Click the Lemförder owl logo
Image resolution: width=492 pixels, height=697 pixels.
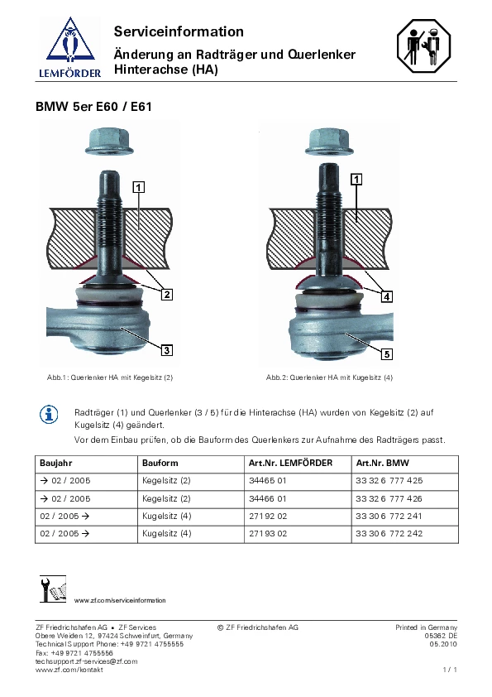pos(70,47)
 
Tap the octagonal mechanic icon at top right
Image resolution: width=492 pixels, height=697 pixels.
pos(423,46)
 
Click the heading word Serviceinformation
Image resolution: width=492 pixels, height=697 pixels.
pos(179,31)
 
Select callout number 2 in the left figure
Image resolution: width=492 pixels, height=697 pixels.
pos(167,294)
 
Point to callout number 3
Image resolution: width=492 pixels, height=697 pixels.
pos(167,350)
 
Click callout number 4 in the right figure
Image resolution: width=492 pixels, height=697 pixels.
pos(387,296)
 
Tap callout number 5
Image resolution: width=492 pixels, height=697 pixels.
pos(387,353)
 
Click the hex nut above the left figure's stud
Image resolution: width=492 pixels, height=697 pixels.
pos(109,142)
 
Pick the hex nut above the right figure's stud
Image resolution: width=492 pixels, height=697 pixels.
pos(329,142)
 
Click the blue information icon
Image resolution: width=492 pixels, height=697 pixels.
pos(49,415)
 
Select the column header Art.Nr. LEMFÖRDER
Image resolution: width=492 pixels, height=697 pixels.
pos(290,463)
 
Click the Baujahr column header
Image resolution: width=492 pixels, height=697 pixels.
pos(56,464)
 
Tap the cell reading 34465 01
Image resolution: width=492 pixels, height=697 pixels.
pos(268,480)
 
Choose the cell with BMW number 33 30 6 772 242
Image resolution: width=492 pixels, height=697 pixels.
pos(389,533)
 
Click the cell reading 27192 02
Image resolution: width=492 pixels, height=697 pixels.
pos(268,516)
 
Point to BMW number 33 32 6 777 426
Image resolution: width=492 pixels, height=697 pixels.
pos(389,499)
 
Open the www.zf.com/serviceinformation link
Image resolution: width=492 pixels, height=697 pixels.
pos(120,600)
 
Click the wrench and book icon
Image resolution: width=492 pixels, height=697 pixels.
pos(53,589)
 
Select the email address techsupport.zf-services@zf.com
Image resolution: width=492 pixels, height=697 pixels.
pos(87,661)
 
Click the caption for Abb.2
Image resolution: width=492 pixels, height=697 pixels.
pos(329,377)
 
